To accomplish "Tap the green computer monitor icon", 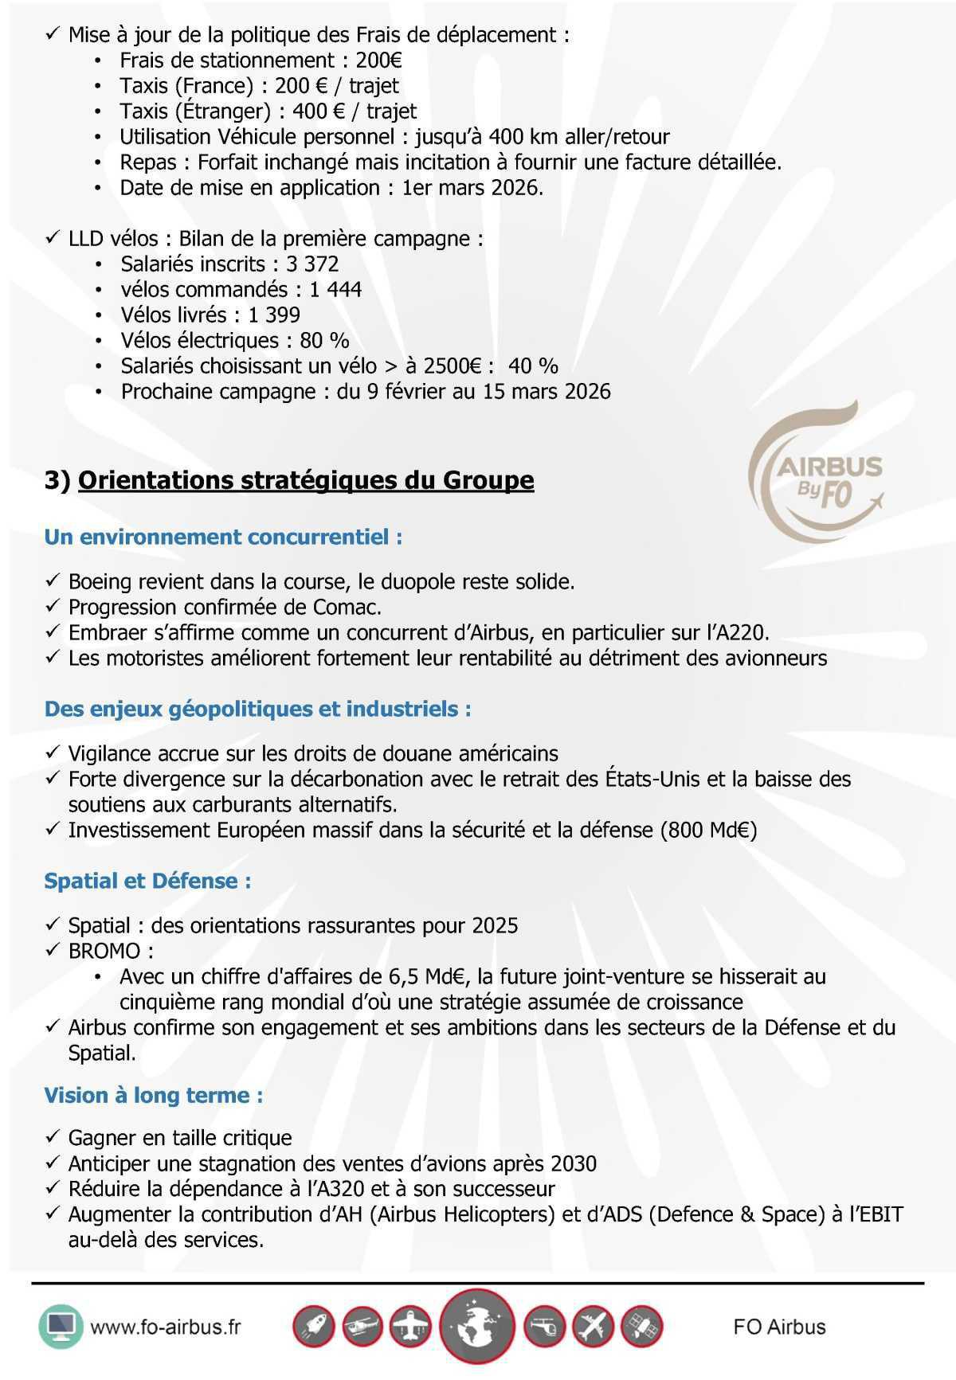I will pyautogui.click(x=61, y=1326).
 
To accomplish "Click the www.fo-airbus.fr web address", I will pyautogui.click(x=166, y=1327).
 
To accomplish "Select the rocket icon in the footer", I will pyautogui.click(x=313, y=1327).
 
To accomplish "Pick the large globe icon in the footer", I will pyautogui.click(x=477, y=1327).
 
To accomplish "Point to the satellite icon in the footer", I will pyautogui.click(x=641, y=1327).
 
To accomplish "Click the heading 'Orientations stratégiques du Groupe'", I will pyautogui.click(x=306, y=480).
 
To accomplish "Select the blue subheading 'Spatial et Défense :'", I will pyautogui.click(x=148, y=881).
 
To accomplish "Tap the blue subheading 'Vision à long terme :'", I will pyautogui.click(x=154, y=1095).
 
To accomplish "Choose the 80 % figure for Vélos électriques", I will pyautogui.click(x=324, y=340).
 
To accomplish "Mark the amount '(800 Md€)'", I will pyautogui.click(x=708, y=830).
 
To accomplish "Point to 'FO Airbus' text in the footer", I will pyautogui.click(x=779, y=1327).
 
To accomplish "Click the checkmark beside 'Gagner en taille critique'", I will pyautogui.click(x=53, y=1137).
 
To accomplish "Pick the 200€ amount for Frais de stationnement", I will pyautogui.click(x=379, y=61).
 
